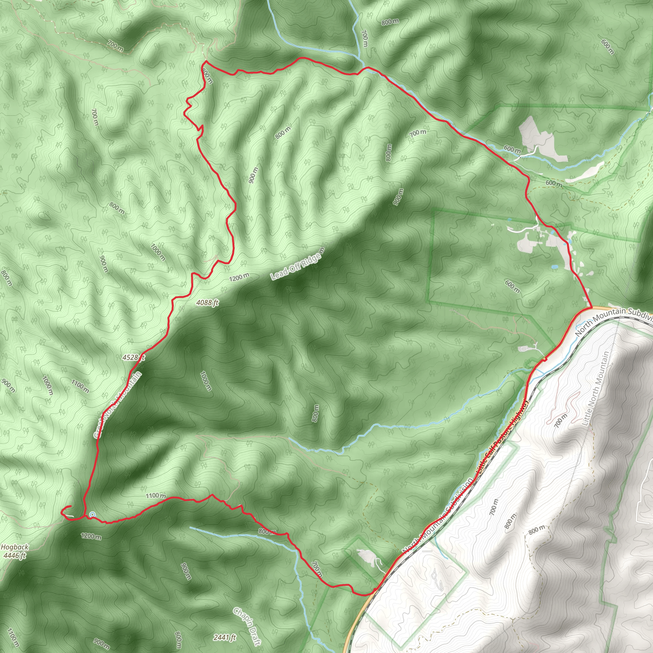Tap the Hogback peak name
pyautogui.click(x=15, y=547)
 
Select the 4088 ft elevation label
pyautogui.click(x=208, y=303)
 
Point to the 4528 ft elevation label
pyautogui.click(x=134, y=357)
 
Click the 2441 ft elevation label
pyautogui.click(x=225, y=637)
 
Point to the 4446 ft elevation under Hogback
pyautogui.click(x=15, y=555)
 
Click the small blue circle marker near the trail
pyautogui.click(x=92, y=514)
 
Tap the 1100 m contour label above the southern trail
pyautogui.click(x=156, y=496)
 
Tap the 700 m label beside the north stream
pyautogui.click(x=364, y=38)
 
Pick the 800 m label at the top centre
pyautogui.click(x=390, y=22)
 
